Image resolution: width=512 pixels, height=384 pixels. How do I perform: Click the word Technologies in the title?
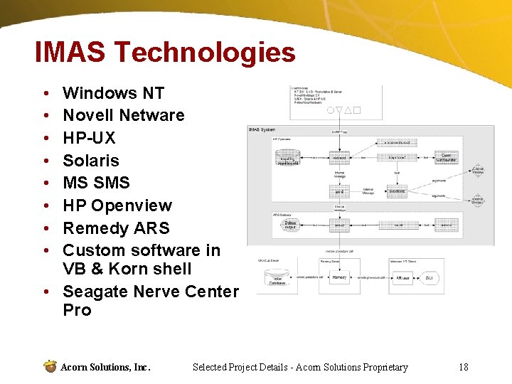(205, 53)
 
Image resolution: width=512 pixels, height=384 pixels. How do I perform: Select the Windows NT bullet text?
(114, 93)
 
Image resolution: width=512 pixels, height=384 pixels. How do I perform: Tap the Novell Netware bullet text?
(124, 115)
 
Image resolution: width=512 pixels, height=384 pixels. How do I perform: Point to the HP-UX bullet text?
(89, 138)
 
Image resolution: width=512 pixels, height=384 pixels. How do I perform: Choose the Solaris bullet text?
(91, 161)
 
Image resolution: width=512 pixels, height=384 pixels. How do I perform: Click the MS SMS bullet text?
(97, 183)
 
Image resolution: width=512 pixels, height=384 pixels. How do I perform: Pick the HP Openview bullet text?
(117, 206)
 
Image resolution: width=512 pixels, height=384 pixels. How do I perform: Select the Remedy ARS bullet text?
(117, 228)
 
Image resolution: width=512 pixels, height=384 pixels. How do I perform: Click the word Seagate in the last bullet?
(94, 292)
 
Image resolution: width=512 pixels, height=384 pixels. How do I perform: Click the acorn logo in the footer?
(50, 367)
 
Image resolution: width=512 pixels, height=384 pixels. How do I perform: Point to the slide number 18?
(464, 367)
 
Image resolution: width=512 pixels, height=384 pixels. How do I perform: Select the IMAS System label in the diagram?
(262, 129)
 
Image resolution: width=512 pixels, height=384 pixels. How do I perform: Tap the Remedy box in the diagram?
(340, 277)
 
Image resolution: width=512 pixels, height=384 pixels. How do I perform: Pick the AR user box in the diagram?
(402, 277)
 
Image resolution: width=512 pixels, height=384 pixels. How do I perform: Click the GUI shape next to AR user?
(430, 277)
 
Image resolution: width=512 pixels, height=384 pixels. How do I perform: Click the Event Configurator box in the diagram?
(446, 158)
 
